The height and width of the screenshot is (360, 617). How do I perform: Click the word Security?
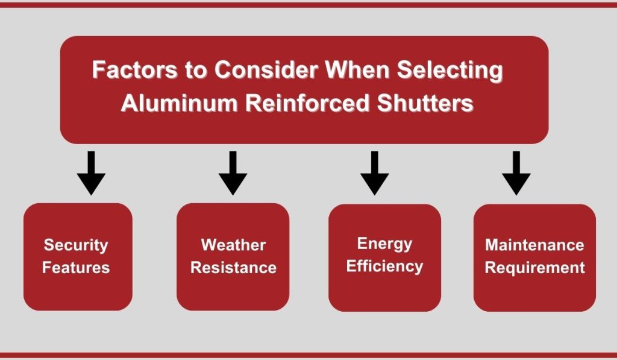coord(76,245)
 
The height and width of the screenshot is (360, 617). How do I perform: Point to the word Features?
coord(76,267)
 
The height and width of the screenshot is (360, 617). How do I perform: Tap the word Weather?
coord(233,245)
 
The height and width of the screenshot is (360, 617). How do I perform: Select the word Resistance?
coord(233,267)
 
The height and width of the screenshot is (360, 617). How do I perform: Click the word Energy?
coord(384,244)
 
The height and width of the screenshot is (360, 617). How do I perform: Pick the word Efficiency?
coord(384,266)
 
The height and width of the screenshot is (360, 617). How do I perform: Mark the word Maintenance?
coord(534,245)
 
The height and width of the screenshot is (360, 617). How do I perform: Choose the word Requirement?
coord(534,267)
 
